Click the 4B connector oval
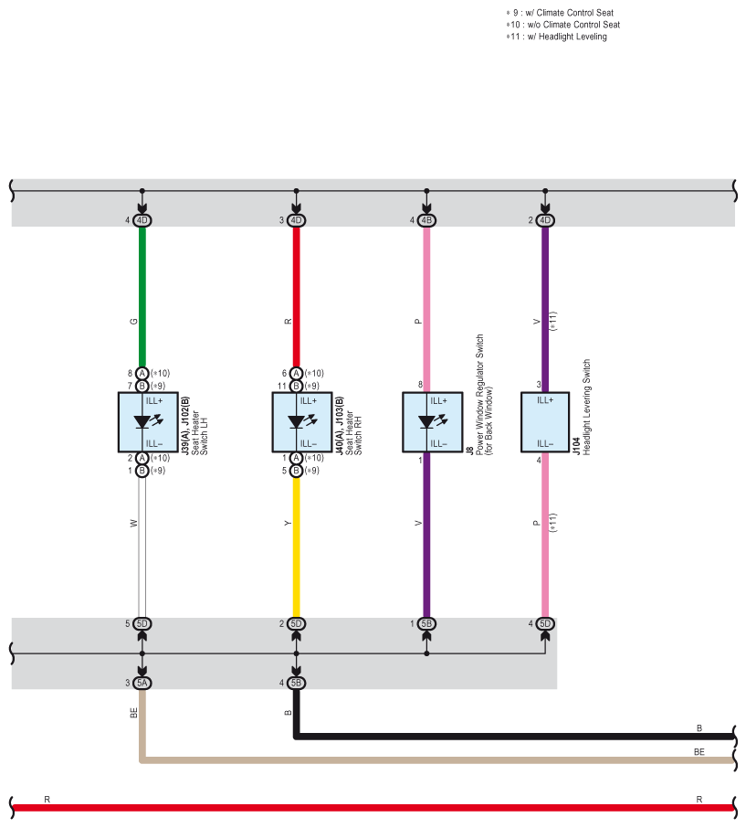[x=426, y=220]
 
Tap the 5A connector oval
[x=142, y=683]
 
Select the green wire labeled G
[x=142, y=297]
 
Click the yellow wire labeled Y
[x=296, y=547]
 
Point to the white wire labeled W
[x=142, y=547]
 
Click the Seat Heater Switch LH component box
[x=148, y=422]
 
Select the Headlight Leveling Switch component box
[x=545, y=422]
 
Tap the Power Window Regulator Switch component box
[x=433, y=422]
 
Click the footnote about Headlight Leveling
[x=556, y=37]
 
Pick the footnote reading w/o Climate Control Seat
[x=562, y=25]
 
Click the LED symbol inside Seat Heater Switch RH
[x=301, y=421]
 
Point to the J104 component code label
[x=577, y=446]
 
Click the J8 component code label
[x=469, y=450]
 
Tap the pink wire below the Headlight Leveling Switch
[x=545, y=535]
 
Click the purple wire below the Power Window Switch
[x=426, y=535]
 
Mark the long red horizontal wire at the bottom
[x=373, y=807]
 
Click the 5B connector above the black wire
[x=296, y=683]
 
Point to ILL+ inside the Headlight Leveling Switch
[x=545, y=400]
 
